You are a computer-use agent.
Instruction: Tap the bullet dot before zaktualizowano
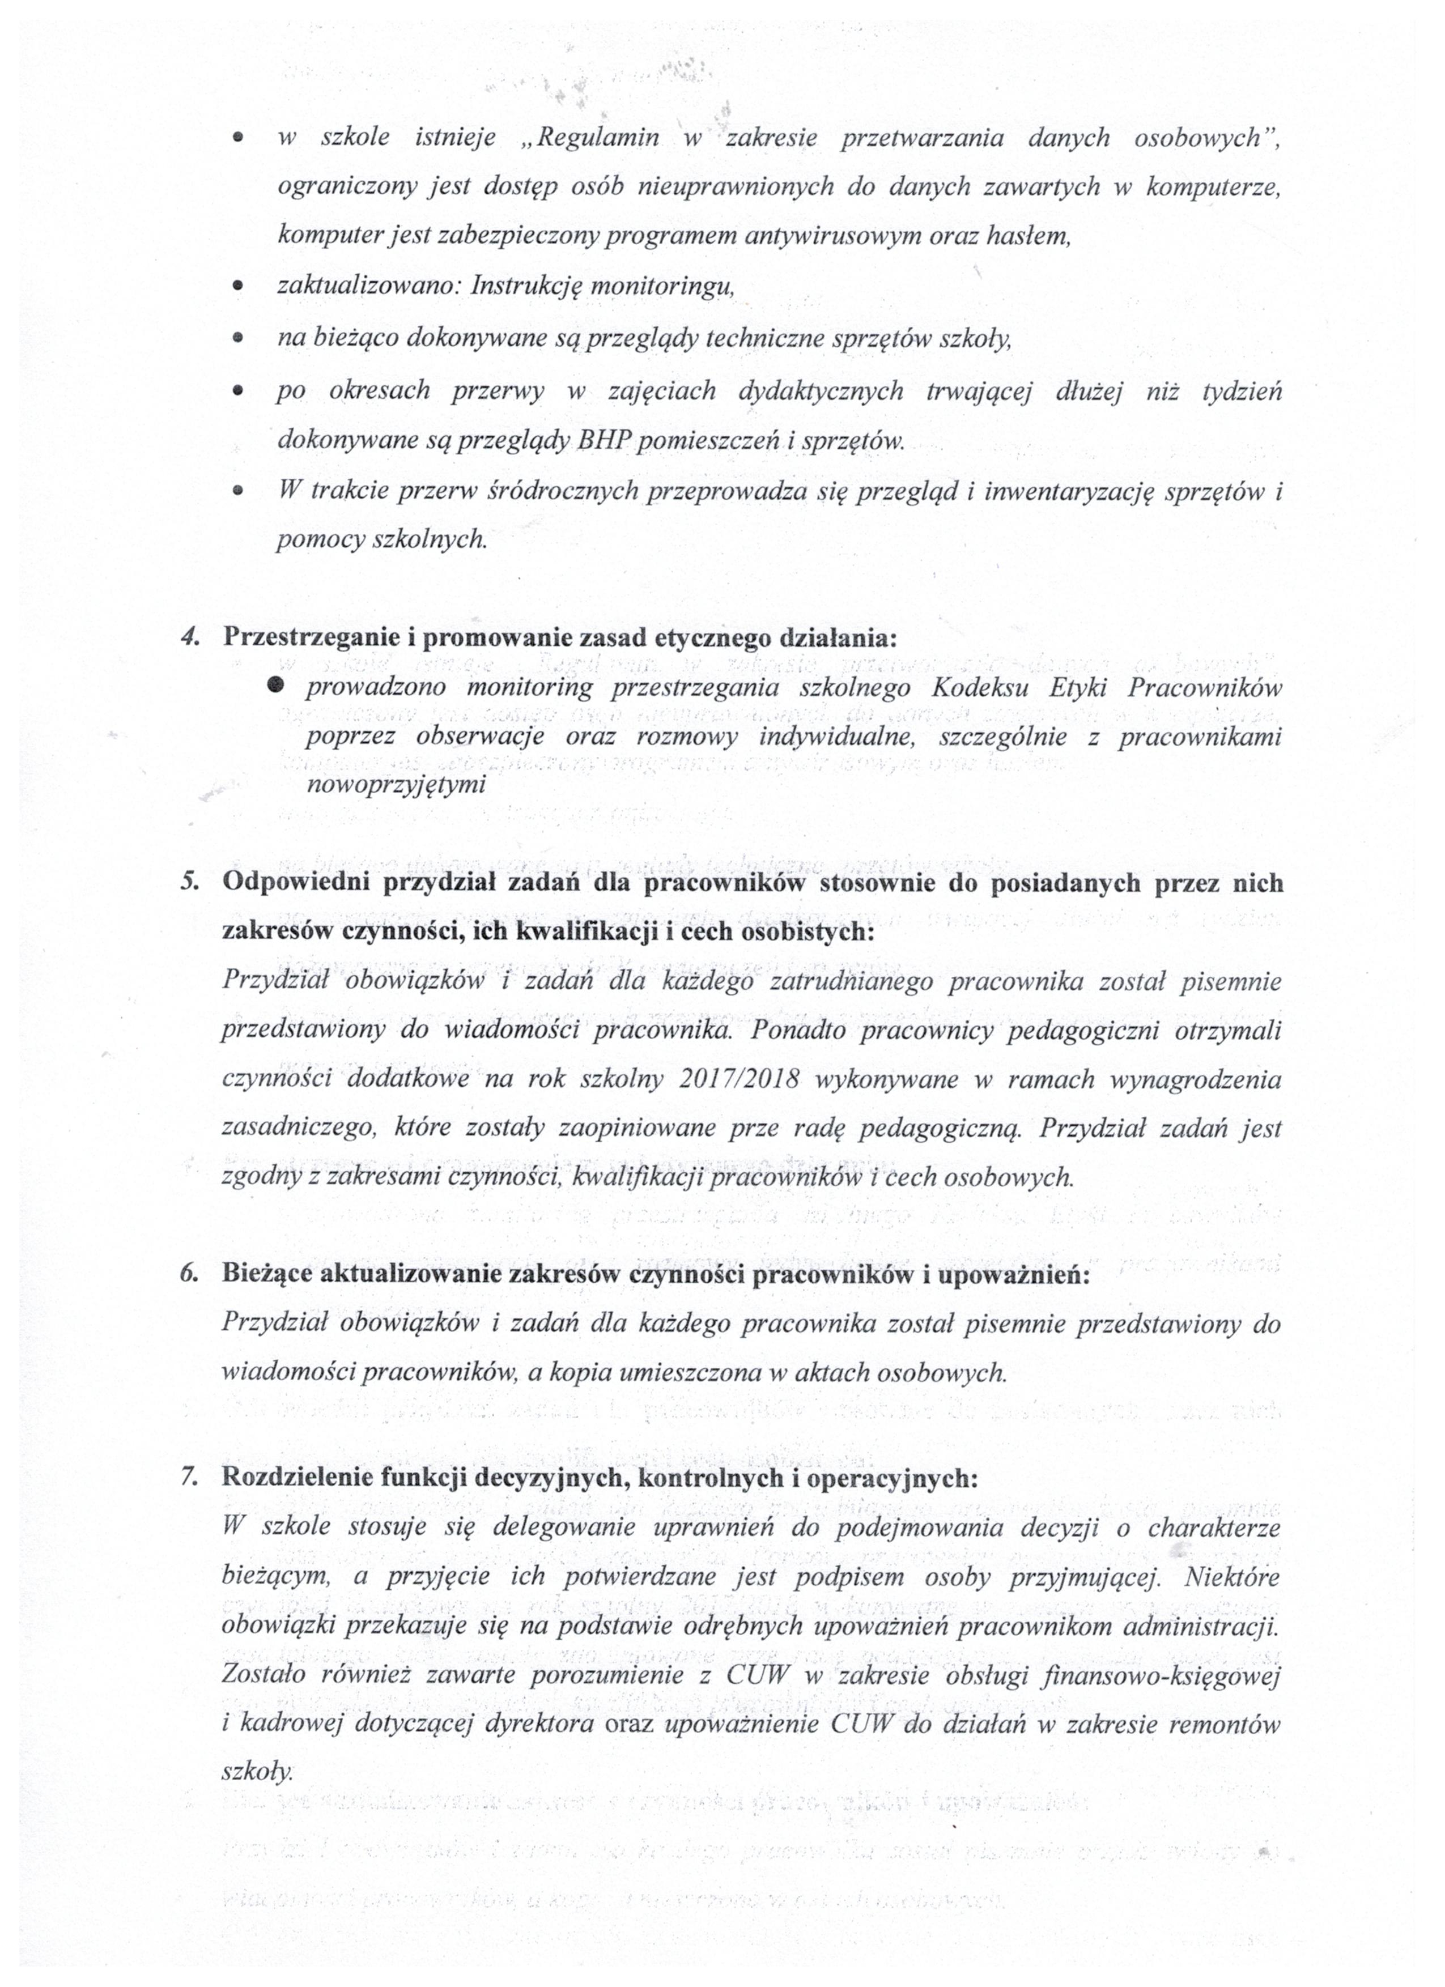point(237,287)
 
